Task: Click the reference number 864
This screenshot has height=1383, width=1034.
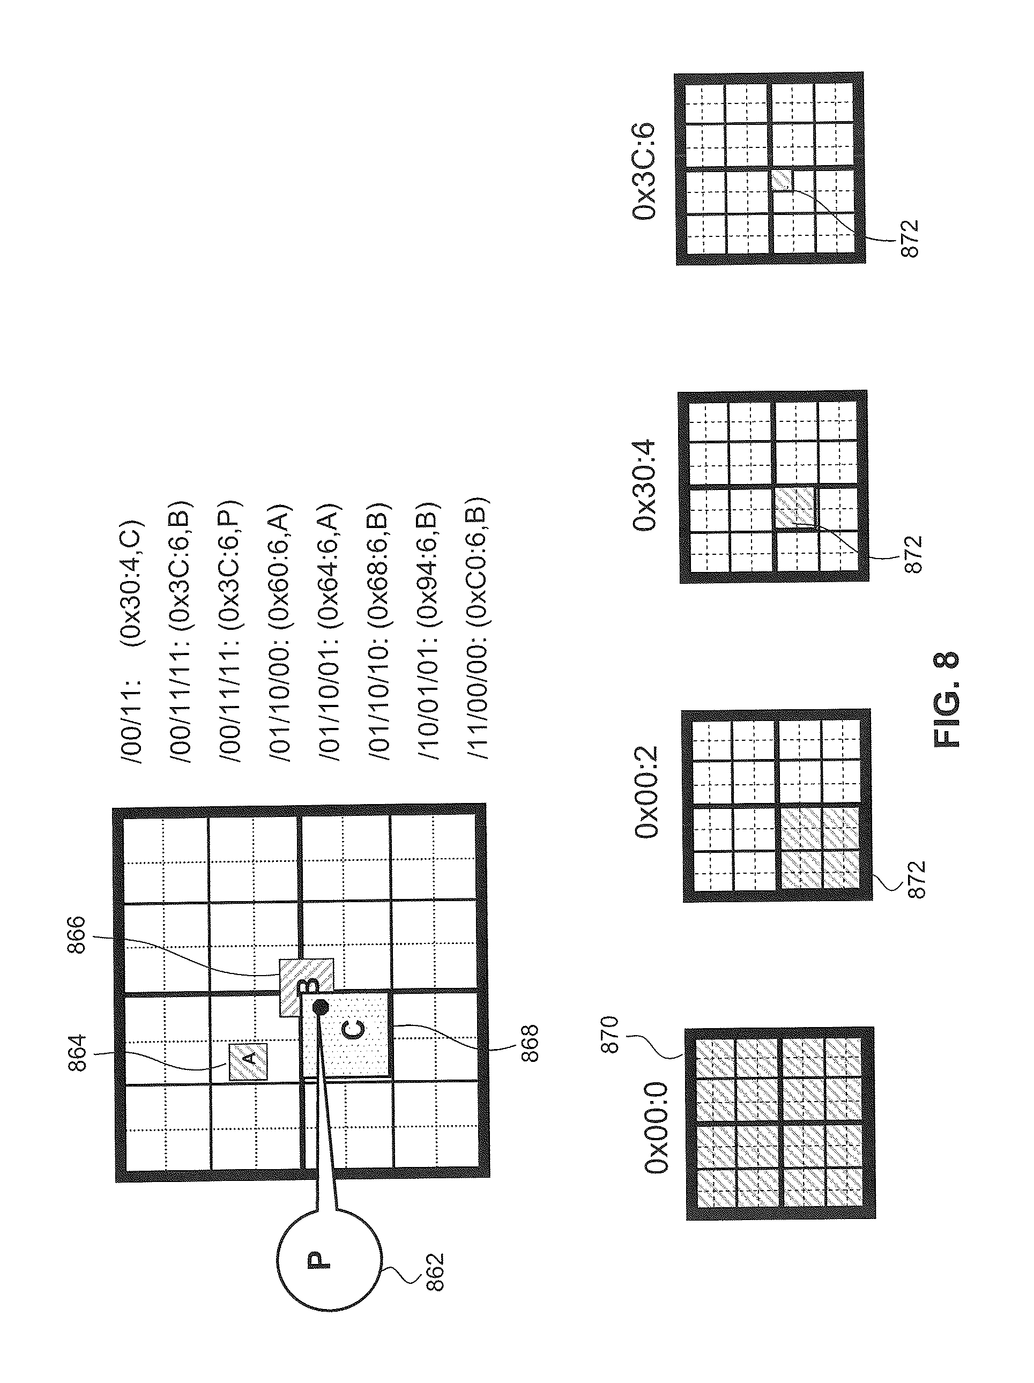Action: tap(77, 1053)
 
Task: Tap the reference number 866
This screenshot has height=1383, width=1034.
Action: tap(76, 935)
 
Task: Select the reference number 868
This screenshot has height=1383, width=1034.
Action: tap(529, 1042)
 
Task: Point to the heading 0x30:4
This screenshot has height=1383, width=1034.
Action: tap(644, 485)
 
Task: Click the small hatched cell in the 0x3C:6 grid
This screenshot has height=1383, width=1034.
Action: tap(782, 180)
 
